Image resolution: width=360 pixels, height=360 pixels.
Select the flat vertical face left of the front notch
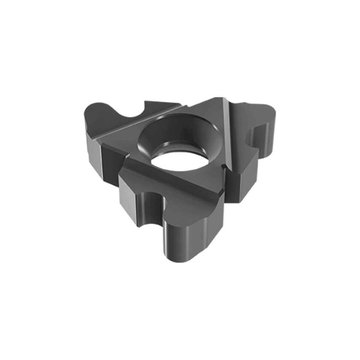pos(131,198)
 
